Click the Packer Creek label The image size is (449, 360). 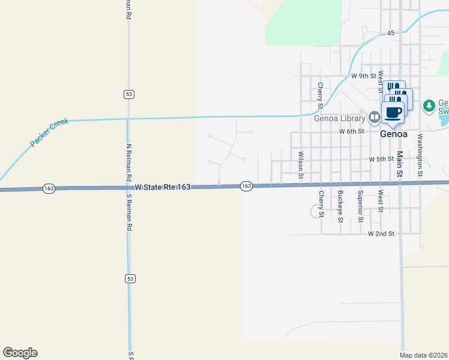[50, 133]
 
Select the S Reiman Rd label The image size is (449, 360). [128, 213]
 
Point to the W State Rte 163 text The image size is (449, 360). [163, 188]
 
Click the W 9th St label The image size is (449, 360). [363, 76]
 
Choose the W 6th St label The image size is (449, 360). [351, 131]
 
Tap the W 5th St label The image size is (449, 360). [381, 160]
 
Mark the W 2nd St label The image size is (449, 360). [381, 233]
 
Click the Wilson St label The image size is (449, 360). [301, 164]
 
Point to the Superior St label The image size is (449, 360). [360, 206]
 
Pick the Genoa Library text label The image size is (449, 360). [339, 118]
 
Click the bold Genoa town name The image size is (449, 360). [394, 134]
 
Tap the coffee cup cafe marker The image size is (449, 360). [394, 112]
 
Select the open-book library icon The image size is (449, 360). [374, 116]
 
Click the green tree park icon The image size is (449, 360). [429, 106]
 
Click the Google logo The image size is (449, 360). [20, 353]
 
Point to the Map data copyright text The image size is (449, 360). [424, 355]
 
